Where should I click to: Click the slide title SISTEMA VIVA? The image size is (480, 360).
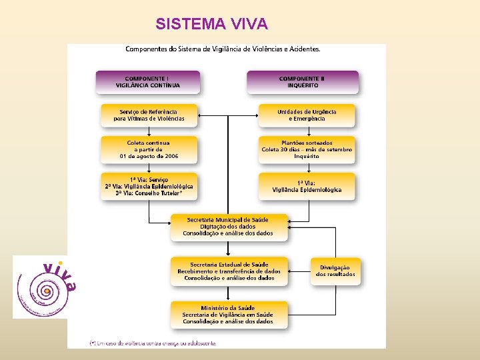pyautogui.click(x=211, y=24)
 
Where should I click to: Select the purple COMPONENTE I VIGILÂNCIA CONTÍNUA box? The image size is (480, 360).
pyautogui.click(x=147, y=81)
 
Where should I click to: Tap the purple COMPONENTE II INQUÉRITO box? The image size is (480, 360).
pyautogui.click(x=302, y=81)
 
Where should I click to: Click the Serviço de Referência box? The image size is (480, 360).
pyautogui.click(x=149, y=115)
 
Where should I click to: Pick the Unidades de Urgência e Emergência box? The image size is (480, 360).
pyautogui.click(x=307, y=115)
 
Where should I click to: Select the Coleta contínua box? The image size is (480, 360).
pyautogui.click(x=149, y=149)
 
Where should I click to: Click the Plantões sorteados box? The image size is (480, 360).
pyautogui.click(x=307, y=149)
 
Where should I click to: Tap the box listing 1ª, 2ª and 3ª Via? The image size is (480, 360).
pyautogui.click(x=149, y=186)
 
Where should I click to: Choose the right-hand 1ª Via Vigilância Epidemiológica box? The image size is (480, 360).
pyautogui.click(x=307, y=186)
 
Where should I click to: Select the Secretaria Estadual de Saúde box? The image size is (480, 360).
pyautogui.click(x=229, y=271)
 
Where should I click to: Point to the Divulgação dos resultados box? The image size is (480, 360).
pyautogui.click(x=335, y=271)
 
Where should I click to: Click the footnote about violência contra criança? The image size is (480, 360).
pyautogui.click(x=153, y=343)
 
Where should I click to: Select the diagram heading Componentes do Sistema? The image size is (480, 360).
pyautogui.click(x=223, y=49)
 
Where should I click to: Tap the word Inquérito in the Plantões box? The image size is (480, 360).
pyautogui.click(x=307, y=156)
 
